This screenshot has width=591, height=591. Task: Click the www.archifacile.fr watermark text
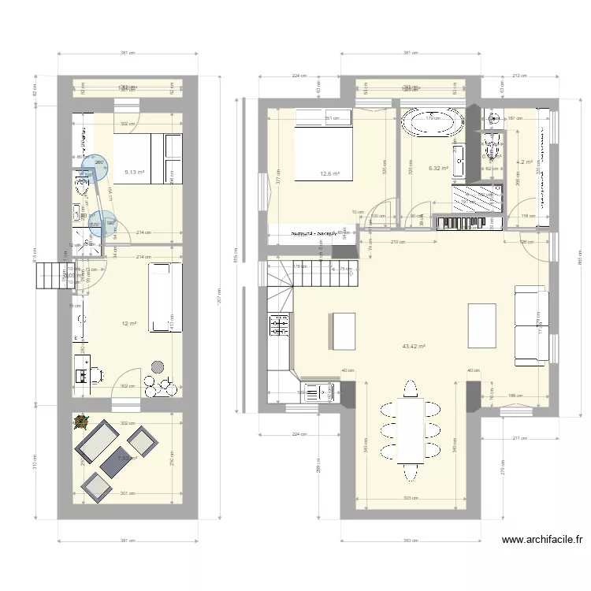pyautogui.click(x=541, y=540)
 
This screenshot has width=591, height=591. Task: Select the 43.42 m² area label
pyautogui.click(x=413, y=346)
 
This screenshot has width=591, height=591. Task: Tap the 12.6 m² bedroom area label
pyautogui.click(x=329, y=174)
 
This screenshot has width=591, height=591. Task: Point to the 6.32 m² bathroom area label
pyautogui.click(x=438, y=168)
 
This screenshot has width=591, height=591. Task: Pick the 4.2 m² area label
pyautogui.click(x=524, y=162)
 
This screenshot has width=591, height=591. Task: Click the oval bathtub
pyautogui.click(x=430, y=124)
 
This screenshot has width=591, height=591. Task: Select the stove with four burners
pyautogui.click(x=279, y=325)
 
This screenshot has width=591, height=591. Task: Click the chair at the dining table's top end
pyautogui.click(x=410, y=388)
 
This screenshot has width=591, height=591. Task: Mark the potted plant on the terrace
pyautogui.click(x=80, y=422)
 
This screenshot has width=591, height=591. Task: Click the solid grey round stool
pyautogui.click(x=158, y=367)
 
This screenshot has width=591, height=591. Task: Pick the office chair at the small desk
pyautogui.click(x=95, y=373)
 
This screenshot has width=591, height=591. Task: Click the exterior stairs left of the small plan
pyautogui.click(x=49, y=277)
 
